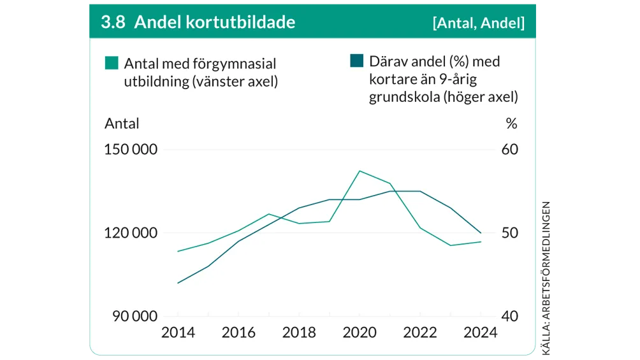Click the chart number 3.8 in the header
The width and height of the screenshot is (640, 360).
click(x=112, y=22)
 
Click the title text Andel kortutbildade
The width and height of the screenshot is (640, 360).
click(x=215, y=22)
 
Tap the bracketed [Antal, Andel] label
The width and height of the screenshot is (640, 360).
click(x=478, y=23)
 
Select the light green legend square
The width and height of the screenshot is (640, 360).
click(x=112, y=62)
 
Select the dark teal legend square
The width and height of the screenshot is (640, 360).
click(x=357, y=61)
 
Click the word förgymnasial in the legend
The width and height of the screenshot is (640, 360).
click(x=235, y=64)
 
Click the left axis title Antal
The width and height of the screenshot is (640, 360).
click(x=122, y=123)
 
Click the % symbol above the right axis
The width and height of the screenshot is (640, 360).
click(x=511, y=123)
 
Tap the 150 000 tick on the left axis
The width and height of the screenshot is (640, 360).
click(x=131, y=150)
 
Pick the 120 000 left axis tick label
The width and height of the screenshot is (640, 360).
click(x=131, y=233)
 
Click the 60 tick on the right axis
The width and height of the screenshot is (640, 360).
click(x=511, y=150)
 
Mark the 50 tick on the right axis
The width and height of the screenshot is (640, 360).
click(x=511, y=233)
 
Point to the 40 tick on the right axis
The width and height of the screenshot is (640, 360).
click(x=511, y=317)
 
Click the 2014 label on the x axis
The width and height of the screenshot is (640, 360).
click(x=178, y=333)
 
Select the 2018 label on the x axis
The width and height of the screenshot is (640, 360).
click(x=299, y=333)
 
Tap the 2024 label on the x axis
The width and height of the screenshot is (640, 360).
click(x=481, y=333)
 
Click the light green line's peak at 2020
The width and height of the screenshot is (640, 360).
click(x=360, y=171)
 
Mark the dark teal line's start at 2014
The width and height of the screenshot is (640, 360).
click(x=178, y=283)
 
